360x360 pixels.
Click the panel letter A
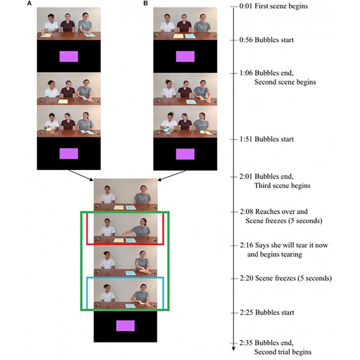29,3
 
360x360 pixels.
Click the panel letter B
145,3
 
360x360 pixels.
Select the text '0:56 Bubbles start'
266,40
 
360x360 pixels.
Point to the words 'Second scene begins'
285,82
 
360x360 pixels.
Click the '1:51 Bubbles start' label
266,139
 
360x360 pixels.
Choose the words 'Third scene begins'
282,185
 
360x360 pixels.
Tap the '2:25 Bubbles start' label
267,312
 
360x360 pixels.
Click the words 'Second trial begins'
283,352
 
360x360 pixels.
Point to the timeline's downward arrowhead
233,348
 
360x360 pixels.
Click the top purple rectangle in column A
69,56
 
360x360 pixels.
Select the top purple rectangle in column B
185,56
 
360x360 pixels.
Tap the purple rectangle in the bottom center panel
125,326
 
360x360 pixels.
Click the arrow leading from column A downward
81,175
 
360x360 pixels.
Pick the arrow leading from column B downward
171,175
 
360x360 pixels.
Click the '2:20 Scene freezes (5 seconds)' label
286,278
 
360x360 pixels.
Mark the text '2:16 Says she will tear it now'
284,245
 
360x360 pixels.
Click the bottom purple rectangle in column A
69,154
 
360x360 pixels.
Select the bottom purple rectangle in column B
185,154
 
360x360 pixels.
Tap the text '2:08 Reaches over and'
274,211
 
